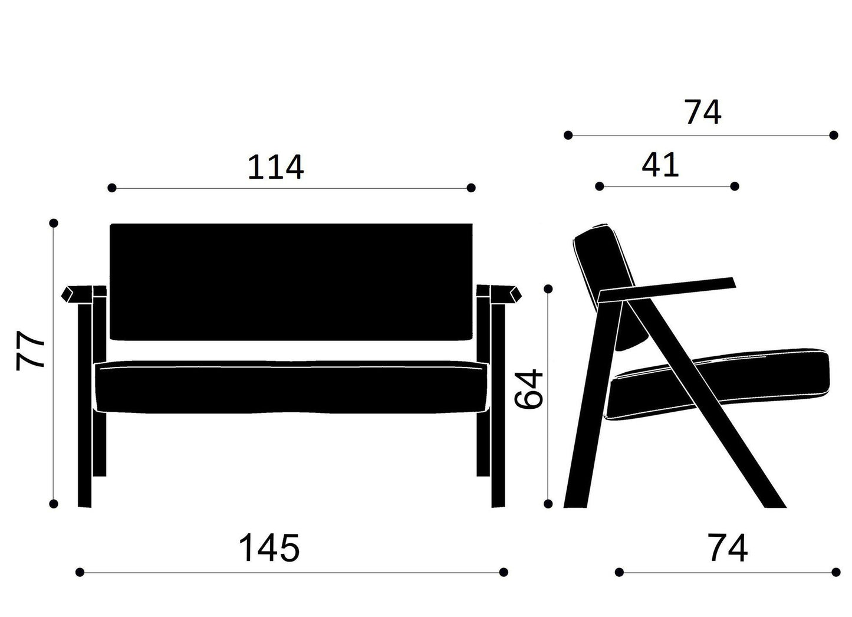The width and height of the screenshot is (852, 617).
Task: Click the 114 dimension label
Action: [x=276, y=167]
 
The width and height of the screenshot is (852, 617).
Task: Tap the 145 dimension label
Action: [x=269, y=548]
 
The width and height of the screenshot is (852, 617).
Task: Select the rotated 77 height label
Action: [x=30, y=350]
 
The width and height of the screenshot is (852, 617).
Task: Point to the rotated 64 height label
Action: [x=528, y=389]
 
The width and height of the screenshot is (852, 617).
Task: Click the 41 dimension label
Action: [x=660, y=165]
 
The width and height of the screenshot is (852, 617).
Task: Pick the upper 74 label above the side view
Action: [x=702, y=112]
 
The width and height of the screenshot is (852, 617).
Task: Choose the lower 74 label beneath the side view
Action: [x=728, y=548]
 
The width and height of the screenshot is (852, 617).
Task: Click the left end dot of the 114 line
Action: [x=112, y=188]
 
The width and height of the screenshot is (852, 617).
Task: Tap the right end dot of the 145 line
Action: [x=504, y=572]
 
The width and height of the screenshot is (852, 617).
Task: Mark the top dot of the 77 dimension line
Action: [x=54, y=223]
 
